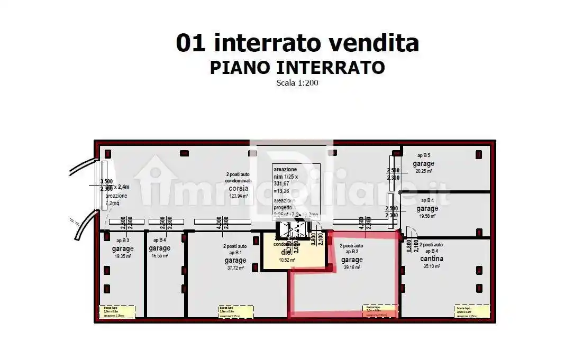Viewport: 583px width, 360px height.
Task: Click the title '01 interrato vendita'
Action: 297,43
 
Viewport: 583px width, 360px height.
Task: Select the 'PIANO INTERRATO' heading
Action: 297,68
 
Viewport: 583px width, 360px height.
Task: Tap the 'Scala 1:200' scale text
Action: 297,83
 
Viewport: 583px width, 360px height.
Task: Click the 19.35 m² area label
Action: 123,256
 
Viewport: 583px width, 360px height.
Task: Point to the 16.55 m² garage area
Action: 159,256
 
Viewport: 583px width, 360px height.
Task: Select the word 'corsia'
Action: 239,189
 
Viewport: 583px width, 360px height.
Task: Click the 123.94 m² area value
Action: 239,196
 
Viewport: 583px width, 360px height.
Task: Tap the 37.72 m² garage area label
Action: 235,268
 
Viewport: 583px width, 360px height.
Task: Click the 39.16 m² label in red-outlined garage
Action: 351,267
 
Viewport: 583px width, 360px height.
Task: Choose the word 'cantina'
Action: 432,259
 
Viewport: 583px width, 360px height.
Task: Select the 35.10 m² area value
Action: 432,266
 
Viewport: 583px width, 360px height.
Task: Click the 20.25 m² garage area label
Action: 424,171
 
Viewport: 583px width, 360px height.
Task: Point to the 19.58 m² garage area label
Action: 427,216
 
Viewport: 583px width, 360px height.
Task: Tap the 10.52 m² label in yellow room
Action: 288,260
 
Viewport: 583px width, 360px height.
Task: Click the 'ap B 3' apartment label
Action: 122,241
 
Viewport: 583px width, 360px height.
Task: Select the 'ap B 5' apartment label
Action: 423,155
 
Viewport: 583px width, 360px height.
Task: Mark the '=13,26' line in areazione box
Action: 282,191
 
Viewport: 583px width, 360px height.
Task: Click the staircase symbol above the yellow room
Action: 293,229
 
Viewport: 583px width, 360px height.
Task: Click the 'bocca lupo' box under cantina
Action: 471,311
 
